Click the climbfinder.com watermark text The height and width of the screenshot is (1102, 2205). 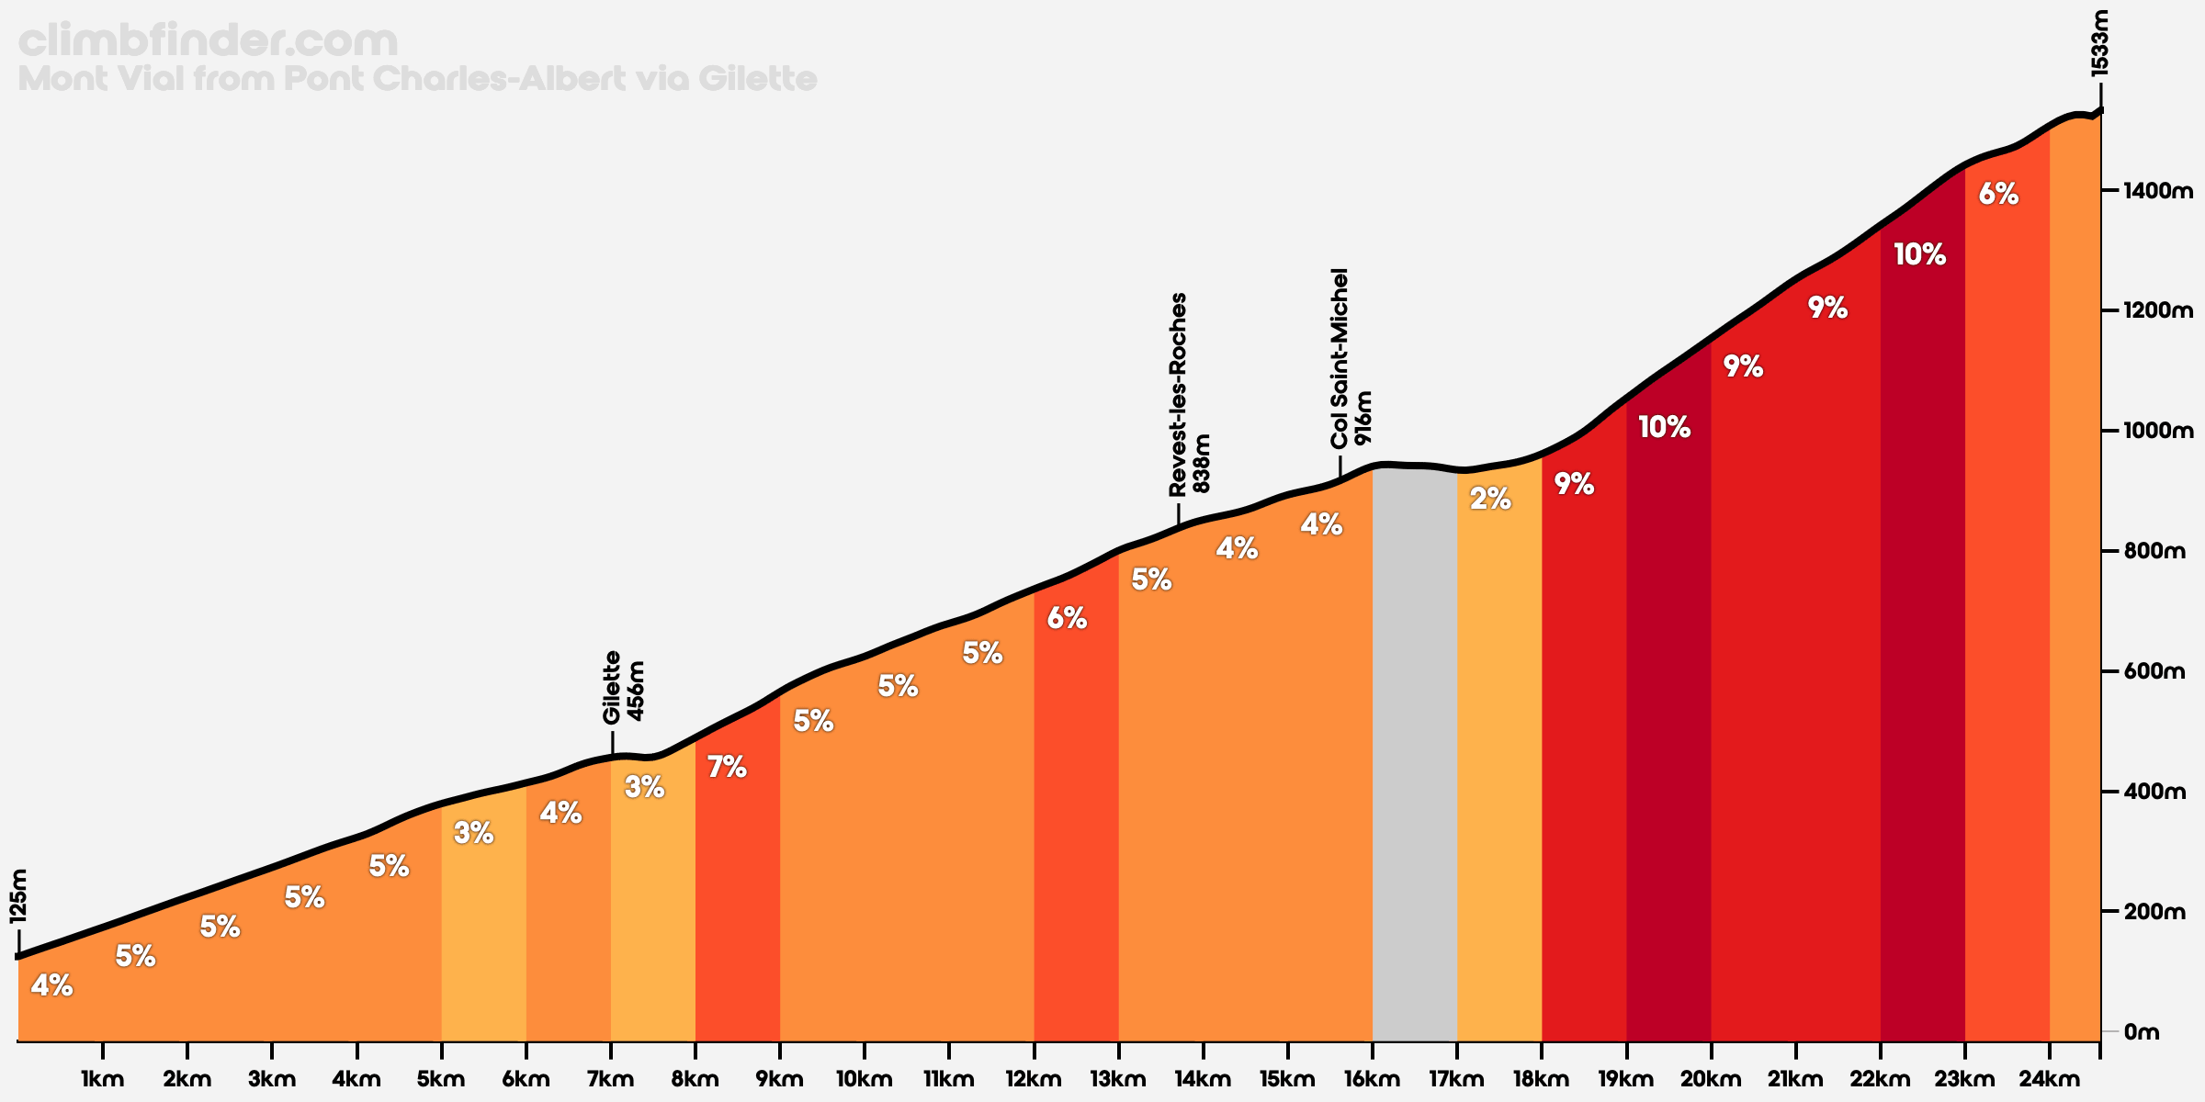tap(208, 41)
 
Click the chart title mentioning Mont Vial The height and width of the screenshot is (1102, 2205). tap(417, 79)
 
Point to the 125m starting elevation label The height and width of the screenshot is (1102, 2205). tap(18, 895)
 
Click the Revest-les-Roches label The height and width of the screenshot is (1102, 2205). tap(1179, 395)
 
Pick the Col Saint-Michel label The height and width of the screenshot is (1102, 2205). tap(1340, 358)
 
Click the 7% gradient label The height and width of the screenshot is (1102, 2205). tap(727, 767)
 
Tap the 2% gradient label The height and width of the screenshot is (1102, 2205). tap(1490, 499)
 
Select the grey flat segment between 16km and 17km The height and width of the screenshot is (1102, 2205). tap(1415, 735)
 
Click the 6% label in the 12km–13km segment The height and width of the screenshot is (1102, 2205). tap(1067, 619)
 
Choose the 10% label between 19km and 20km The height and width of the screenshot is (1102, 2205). tap(1664, 427)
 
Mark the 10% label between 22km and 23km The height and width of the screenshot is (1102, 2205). tap(1919, 254)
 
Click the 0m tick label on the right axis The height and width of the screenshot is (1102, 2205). tap(2142, 1032)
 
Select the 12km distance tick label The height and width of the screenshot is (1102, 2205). tap(1034, 1080)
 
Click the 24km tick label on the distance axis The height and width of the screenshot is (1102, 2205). tap(2050, 1080)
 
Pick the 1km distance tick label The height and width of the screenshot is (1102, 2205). tap(102, 1080)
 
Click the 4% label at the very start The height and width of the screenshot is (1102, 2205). tap(51, 986)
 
